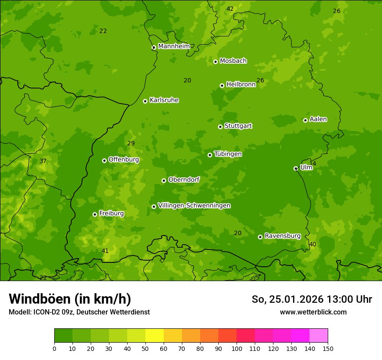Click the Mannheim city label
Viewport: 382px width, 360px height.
[174, 46]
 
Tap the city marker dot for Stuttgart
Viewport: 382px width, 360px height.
[221, 127]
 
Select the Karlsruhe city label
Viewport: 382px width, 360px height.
[164, 100]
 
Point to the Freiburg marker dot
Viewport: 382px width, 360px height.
[95, 214]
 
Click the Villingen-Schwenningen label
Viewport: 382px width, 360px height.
[194, 206]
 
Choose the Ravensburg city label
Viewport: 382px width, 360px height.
[282, 236]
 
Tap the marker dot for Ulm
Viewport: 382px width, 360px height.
[296, 168]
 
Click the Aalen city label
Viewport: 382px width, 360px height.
[318, 119]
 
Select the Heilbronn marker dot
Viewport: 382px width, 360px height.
[222, 85]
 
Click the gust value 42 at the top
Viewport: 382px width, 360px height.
[230, 9]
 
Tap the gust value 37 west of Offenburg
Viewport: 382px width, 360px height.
[43, 161]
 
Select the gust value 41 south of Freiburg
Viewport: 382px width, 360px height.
[105, 251]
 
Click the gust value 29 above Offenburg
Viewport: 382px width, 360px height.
[131, 143]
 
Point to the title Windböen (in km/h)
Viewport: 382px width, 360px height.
[70, 299]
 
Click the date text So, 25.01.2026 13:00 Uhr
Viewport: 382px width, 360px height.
[312, 299]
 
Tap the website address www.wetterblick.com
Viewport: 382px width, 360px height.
[313, 312]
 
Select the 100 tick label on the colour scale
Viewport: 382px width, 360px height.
[237, 348]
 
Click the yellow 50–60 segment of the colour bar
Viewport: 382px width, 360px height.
[155, 336]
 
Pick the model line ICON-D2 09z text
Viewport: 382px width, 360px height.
[79, 312]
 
